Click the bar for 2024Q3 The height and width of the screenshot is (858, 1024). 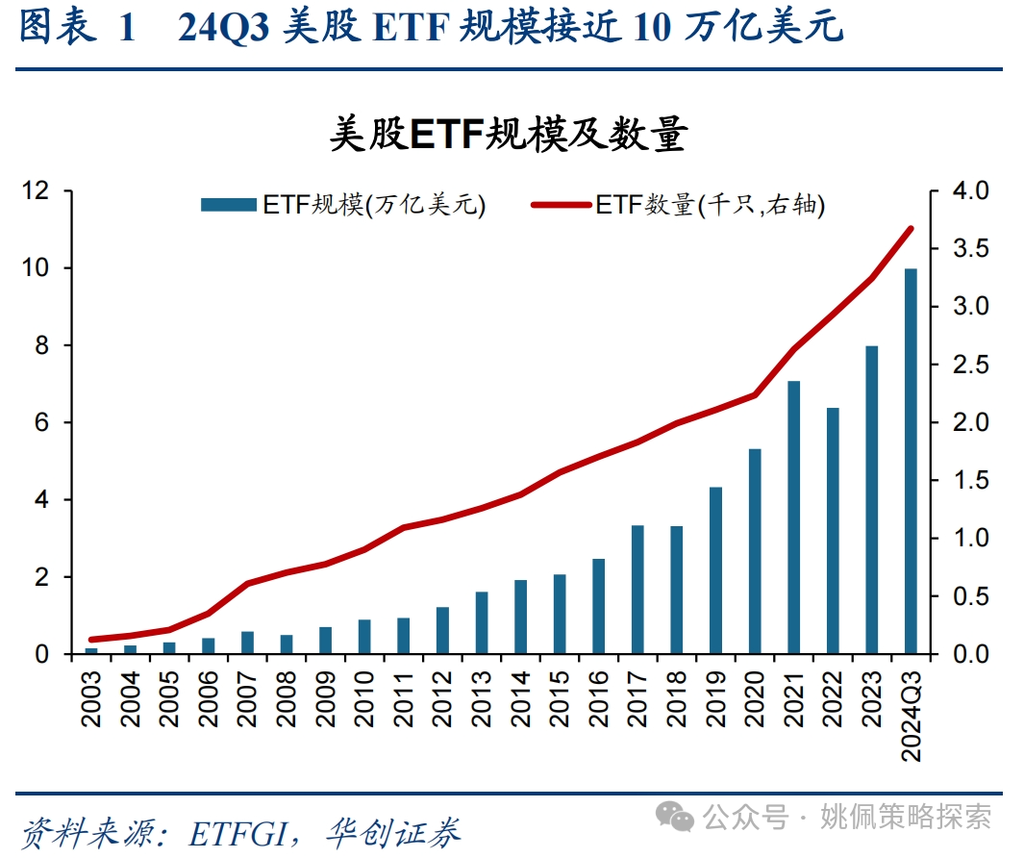[911, 461]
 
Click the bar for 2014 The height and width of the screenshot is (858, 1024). [520, 617]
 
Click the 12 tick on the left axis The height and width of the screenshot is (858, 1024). [37, 191]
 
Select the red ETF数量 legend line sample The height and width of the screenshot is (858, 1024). [561, 205]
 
